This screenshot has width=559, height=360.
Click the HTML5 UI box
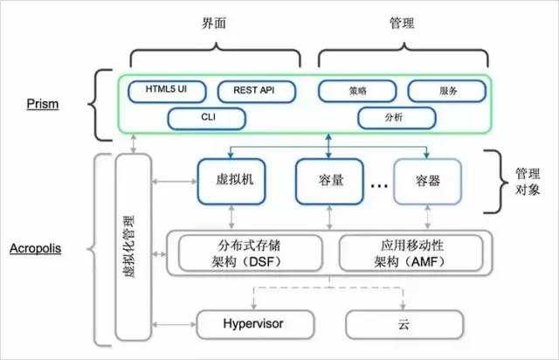(x=165, y=90)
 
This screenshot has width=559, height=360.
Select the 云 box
(x=401, y=324)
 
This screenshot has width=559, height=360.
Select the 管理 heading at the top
(x=399, y=25)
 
